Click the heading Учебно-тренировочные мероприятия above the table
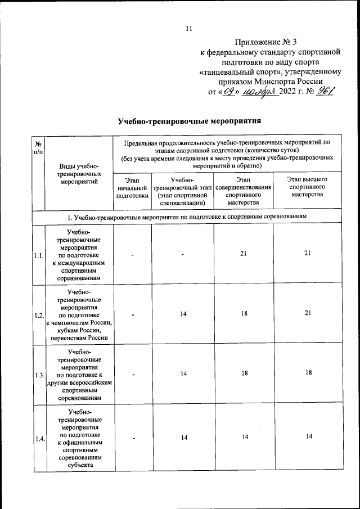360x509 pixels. (190, 121)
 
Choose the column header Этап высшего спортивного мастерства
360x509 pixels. (307, 187)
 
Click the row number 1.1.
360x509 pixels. (38, 255)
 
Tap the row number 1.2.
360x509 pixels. (38, 314)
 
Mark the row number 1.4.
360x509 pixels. (38, 439)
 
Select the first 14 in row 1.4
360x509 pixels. (183, 437)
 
